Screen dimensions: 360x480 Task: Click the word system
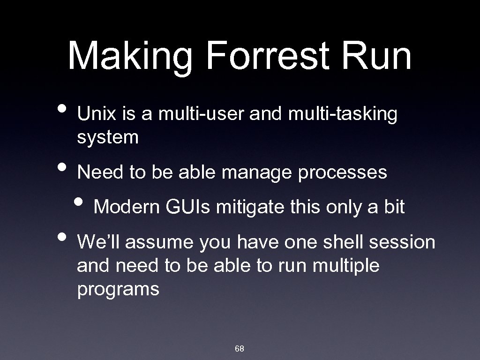point(108,138)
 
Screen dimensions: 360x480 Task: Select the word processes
point(342,173)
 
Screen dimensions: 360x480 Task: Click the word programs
point(118,290)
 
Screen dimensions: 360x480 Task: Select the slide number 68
point(240,349)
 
